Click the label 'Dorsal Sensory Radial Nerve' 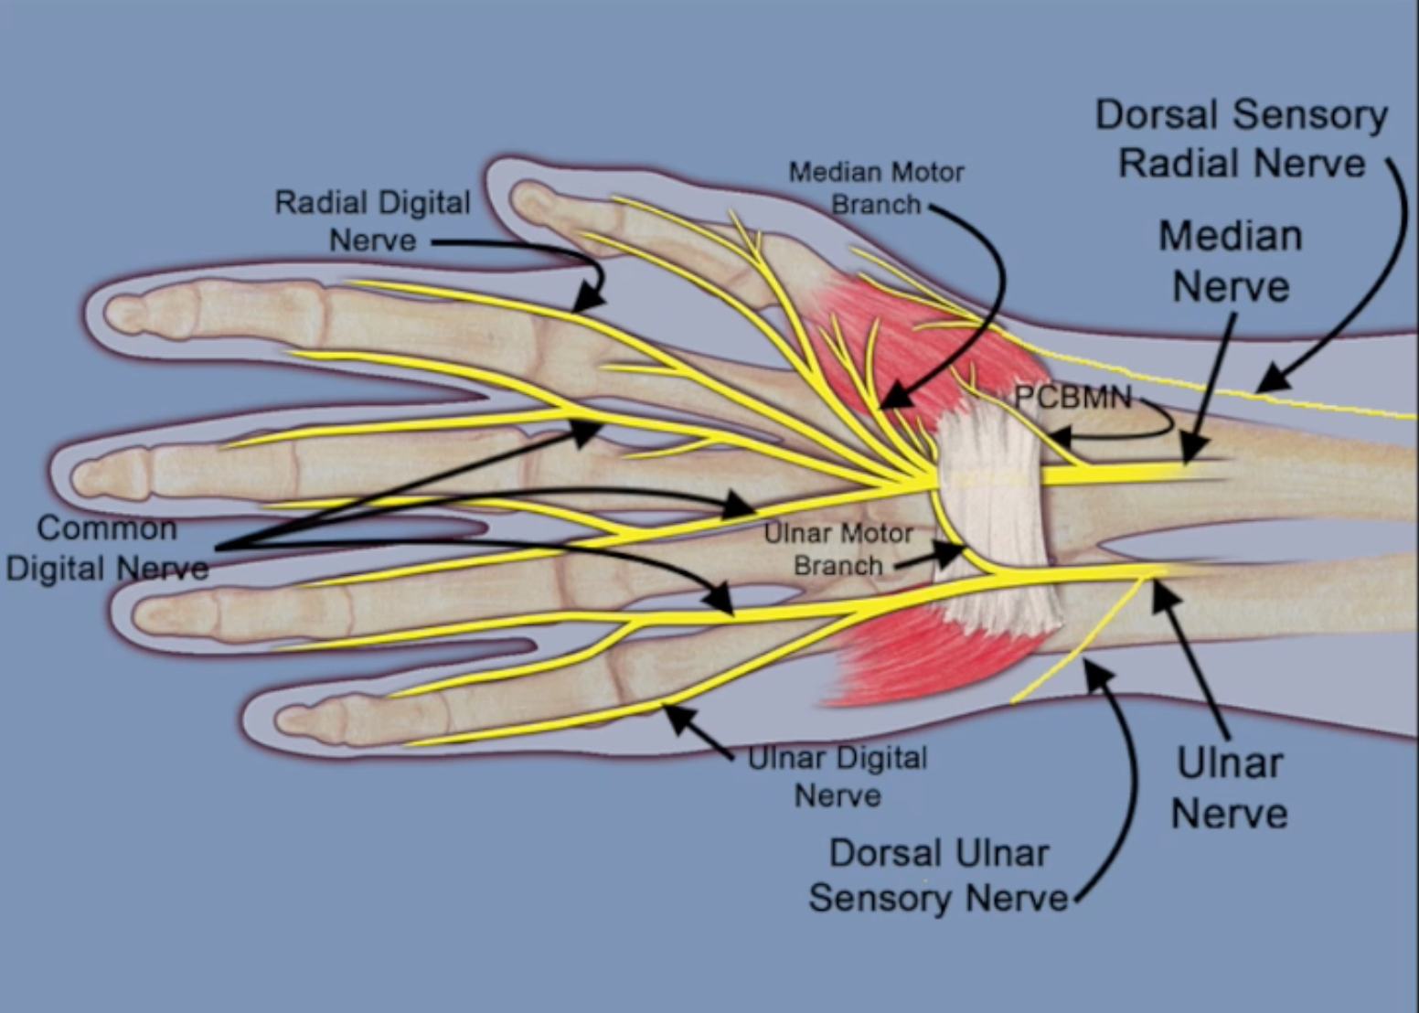pyautogui.click(x=1241, y=139)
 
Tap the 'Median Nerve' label pyautogui.click(x=1230, y=261)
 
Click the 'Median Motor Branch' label pyautogui.click(x=876, y=187)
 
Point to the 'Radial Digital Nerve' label pyautogui.click(x=372, y=220)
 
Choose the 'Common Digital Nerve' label pyautogui.click(x=107, y=548)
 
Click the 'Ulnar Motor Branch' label pyautogui.click(x=838, y=549)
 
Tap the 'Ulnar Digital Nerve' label pyautogui.click(x=837, y=776)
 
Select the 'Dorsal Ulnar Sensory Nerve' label pyautogui.click(x=939, y=875)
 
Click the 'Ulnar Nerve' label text pyautogui.click(x=1229, y=787)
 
